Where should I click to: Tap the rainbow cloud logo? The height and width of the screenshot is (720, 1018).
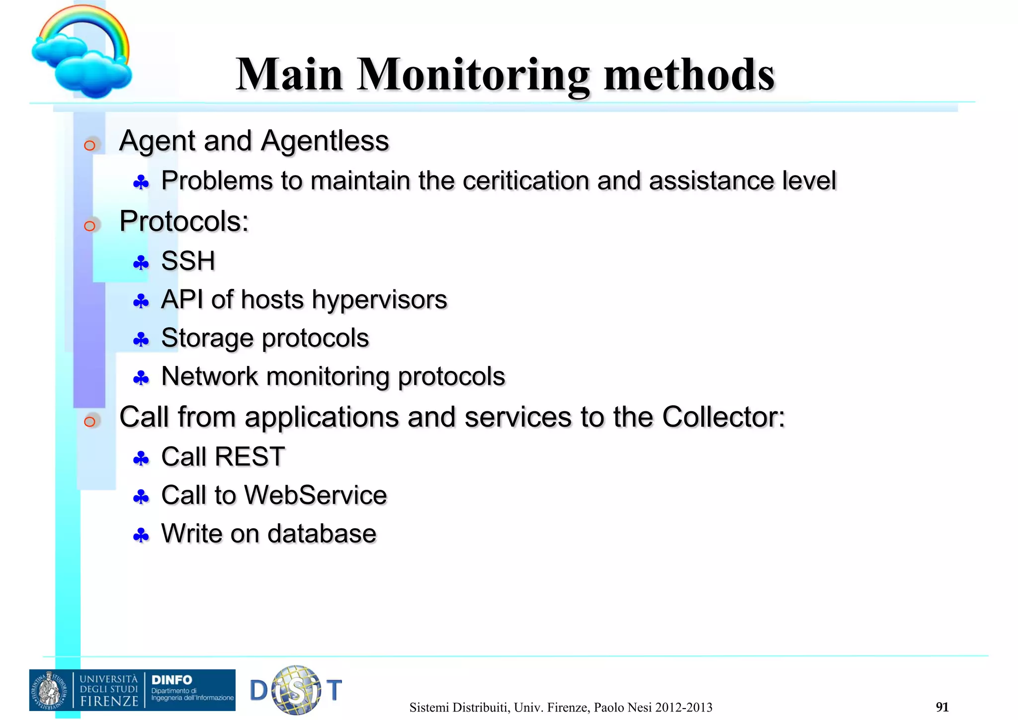pos(82,52)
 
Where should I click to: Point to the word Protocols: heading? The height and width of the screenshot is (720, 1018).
pos(184,221)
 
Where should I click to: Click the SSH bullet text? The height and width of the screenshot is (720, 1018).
pos(188,261)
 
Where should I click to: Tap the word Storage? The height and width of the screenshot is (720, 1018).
pos(207,339)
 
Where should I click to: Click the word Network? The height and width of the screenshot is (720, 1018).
pos(209,376)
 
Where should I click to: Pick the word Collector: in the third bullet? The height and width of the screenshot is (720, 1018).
pos(723,417)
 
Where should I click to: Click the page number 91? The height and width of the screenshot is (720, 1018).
pos(942,707)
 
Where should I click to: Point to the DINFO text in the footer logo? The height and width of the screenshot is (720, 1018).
pos(171,680)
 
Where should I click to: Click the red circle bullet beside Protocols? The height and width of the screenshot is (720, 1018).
pos(89,226)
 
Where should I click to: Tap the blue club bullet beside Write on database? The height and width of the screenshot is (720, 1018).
pos(141,536)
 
